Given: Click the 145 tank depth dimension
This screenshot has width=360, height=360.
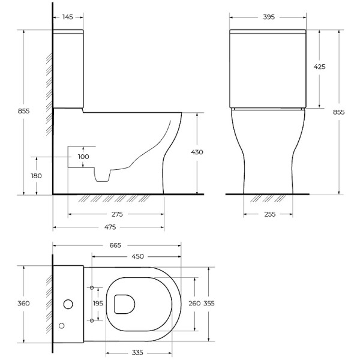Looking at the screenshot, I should coord(67,17).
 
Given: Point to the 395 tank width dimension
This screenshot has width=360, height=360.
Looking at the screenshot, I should coord(268,17).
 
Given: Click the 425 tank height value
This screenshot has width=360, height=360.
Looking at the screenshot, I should coord(319,67).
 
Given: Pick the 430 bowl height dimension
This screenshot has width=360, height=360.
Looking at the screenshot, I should coord(197,152).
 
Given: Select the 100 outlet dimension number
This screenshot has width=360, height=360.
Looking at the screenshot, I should coord(83,157).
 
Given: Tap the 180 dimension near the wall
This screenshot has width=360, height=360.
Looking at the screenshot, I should coord(37,176).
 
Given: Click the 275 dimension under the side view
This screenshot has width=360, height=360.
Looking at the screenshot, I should coord(116,214).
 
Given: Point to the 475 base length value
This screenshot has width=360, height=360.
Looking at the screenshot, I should coord(109,227).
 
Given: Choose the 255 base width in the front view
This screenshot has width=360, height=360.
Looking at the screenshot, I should coord(268,214).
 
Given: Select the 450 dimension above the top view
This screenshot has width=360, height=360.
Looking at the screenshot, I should coord(137,257).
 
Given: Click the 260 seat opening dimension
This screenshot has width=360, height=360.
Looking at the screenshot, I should coord(194,304).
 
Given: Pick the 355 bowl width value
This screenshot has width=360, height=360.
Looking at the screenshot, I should coord(208,304).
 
